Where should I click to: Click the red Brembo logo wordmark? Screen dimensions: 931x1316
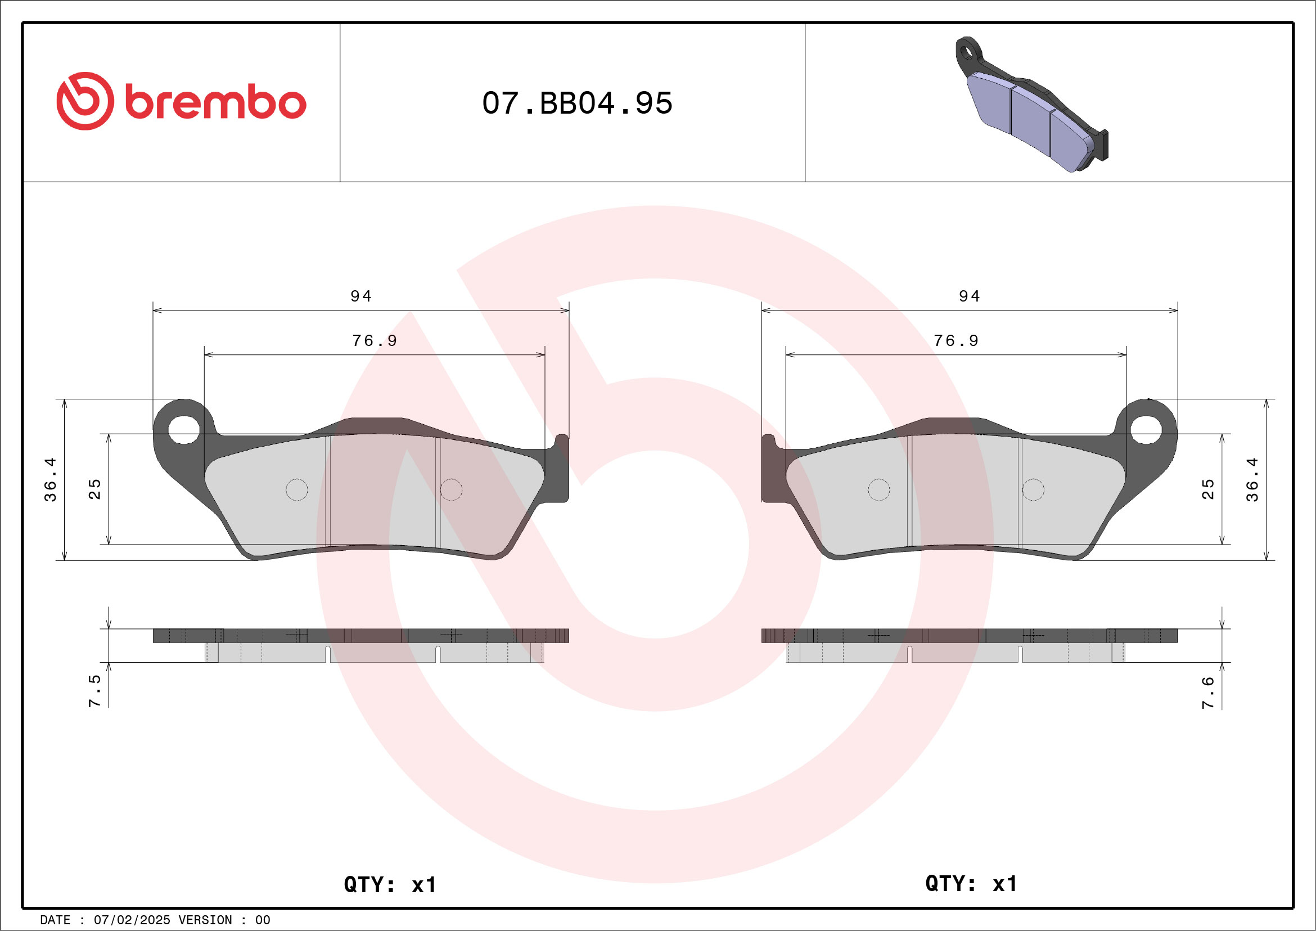(x=215, y=103)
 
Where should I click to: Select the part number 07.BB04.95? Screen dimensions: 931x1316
(x=576, y=104)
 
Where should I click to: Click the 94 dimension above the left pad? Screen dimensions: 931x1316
(x=361, y=296)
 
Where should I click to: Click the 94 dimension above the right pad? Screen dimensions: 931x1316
(x=970, y=296)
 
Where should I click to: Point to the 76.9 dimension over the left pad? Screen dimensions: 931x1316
(x=375, y=341)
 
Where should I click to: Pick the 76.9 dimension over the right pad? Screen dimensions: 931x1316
(x=956, y=341)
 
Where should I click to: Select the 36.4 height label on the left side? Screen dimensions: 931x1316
(x=51, y=480)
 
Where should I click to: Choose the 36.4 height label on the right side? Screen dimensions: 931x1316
(x=1252, y=480)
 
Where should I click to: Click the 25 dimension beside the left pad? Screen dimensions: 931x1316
(x=94, y=489)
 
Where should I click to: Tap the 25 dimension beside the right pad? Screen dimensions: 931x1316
(x=1207, y=489)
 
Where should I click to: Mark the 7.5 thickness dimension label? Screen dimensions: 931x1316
(x=94, y=691)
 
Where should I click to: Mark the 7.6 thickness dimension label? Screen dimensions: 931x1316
(x=1207, y=692)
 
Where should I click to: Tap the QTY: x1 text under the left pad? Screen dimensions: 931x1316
(x=390, y=884)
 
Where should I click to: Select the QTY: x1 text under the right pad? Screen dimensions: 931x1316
(x=971, y=883)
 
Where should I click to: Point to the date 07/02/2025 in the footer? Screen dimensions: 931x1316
(x=132, y=920)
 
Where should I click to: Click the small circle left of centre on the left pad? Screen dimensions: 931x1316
(x=297, y=489)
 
